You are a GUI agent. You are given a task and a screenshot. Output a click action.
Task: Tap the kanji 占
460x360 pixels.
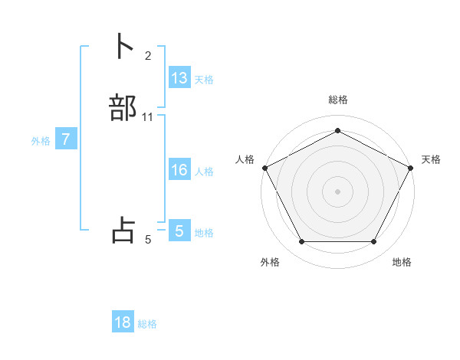pos(123,231)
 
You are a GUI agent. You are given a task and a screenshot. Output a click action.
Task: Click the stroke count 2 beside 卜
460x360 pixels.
pos(148,56)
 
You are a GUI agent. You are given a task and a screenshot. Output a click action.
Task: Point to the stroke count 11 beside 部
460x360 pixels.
pos(148,117)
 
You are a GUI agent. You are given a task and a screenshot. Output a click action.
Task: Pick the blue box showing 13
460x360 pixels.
pos(179,78)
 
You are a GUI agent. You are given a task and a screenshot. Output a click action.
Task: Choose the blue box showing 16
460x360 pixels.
pos(179,170)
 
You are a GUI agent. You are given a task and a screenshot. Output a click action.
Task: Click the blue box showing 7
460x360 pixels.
pos(66,140)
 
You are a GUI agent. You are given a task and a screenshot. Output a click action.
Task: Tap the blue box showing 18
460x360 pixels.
pos(123,322)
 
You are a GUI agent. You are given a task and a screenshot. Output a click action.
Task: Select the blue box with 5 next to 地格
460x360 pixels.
pos(179,231)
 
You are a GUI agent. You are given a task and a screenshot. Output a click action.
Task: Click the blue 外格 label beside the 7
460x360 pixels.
pos(41,141)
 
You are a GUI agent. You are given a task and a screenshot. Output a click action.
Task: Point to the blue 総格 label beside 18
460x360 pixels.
pos(147,324)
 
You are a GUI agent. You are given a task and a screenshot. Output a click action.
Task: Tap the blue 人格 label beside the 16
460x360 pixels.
pos(205,172)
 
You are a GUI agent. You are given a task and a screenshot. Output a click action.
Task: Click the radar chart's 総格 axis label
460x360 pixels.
pos(337,100)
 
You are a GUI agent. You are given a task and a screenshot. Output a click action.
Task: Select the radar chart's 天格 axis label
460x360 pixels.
pos(431,159)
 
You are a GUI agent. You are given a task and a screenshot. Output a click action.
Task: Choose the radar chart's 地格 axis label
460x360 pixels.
pos(402,262)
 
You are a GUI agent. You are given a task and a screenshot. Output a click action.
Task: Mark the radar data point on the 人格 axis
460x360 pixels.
pos(264,167)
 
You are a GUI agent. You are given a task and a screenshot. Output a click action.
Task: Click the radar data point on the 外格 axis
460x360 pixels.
pos(301,242)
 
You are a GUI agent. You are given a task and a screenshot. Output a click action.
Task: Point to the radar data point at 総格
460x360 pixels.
pos(337,131)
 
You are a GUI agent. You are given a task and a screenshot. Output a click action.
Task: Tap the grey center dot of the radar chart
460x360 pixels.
pos(337,191)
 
